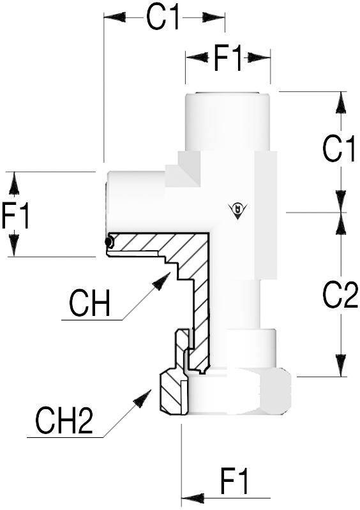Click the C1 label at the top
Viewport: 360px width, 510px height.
click(163, 18)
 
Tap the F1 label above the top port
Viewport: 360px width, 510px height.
click(228, 59)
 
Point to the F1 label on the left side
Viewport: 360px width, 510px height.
click(15, 215)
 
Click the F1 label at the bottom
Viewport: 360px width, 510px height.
click(234, 481)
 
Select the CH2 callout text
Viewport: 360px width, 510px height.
click(64, 421)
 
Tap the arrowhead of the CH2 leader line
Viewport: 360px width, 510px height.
click(143, 398)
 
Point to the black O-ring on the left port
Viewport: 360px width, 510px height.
click(109, 242)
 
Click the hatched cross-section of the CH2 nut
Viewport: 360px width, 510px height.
click(170, 393)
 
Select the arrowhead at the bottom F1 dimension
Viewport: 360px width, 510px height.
click(193, 498)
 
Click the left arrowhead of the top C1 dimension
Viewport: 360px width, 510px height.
click(115, 17)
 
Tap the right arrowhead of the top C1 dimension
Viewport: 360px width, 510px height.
click(213, 17)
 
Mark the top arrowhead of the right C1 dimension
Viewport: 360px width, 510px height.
click(340, 103)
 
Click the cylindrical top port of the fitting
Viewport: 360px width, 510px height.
click(228, 122)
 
